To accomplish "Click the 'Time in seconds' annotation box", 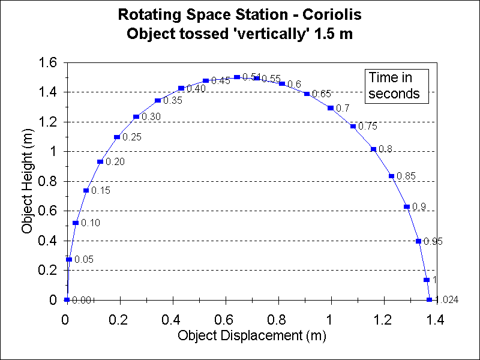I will pyautogui.click(x=398, y=85).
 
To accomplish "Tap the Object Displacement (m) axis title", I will pyautogui.click(x=252, y=335).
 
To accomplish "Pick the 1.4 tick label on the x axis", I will pyautogui.click(x=436, y=319).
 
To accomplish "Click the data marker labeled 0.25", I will pyautogui.click(x=116, y=137).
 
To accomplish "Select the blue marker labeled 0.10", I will pyautogui.click(x=76, y=223).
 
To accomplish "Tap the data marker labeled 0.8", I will pyautogui.click(x=373, y=149).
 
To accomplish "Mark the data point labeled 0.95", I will pyautogui.click(x=418, y=241).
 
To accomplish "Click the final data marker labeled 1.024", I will pyautogui.click(x=429, y=300).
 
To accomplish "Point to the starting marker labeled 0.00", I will pyautogui.click(x=67, y=300).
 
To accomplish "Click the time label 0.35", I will pyautogui.click(x=173, y=101).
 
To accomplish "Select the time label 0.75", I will pyautogui.click(x=368, y=127).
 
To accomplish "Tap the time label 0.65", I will pyautogui.click(x=322, y=94).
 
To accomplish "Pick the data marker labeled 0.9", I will pyautogui.click(x=407, y=207).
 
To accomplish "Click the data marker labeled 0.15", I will pyautogui.click(x=86, y=191).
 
